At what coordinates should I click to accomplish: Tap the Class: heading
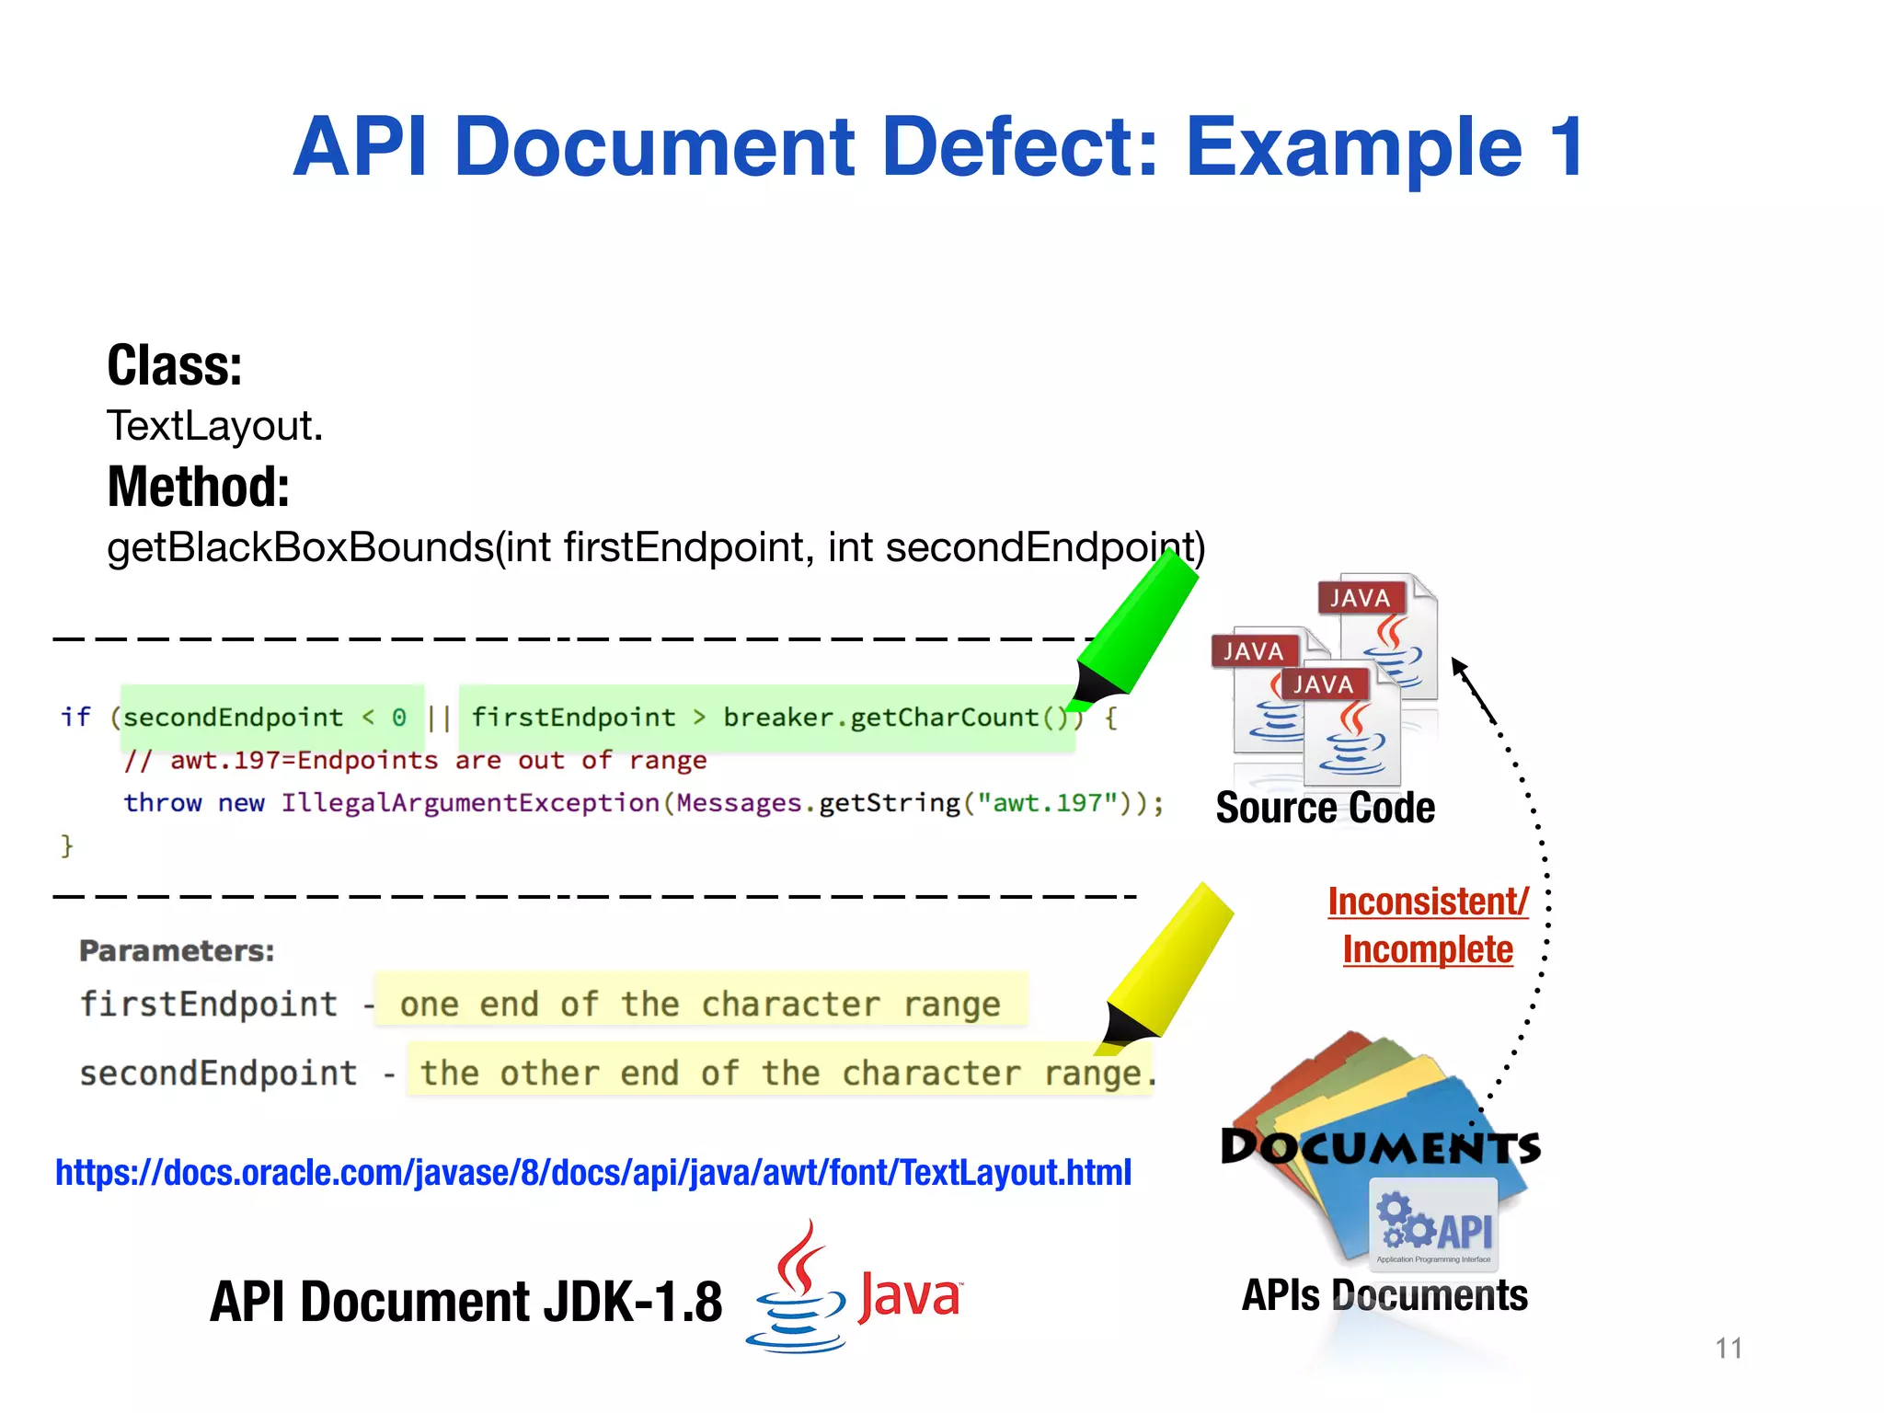pos(175,365)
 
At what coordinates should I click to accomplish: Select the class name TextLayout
pos(214,426)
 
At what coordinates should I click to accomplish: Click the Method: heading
pos(198,487)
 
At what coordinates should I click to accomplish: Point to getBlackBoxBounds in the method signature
pos(301,547)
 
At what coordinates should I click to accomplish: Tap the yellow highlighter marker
pos(1168,966)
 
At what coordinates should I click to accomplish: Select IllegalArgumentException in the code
pos(470,803)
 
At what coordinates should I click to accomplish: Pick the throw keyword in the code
pos(162,803)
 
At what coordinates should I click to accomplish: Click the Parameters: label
pos(177,950)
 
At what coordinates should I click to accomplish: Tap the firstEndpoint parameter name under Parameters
pos(209,1004)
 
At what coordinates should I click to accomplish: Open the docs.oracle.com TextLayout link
pos(593,1173)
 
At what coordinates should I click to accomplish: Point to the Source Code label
pos(1325,808)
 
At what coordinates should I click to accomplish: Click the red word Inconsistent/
pos(1428,902)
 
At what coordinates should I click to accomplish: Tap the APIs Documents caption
pos(1384,1295)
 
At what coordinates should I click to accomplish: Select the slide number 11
pos(1729,1349)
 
